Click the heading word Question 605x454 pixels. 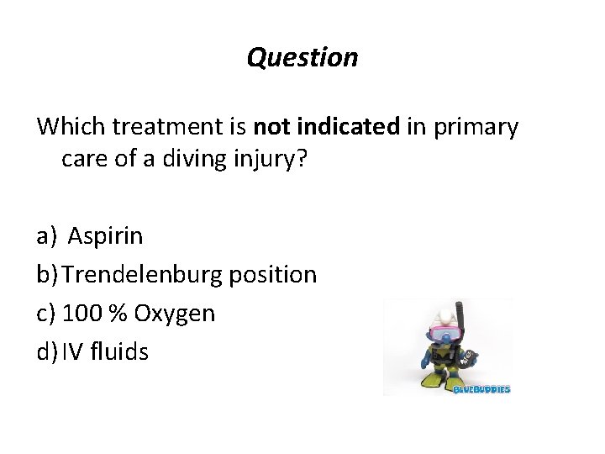[302, 57]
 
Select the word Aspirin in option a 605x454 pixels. [105, 236]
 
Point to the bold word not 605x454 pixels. [271, 127]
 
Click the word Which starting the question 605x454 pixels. [71, 127]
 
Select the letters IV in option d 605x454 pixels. [72, 351]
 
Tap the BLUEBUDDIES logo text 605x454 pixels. [481, 389]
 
